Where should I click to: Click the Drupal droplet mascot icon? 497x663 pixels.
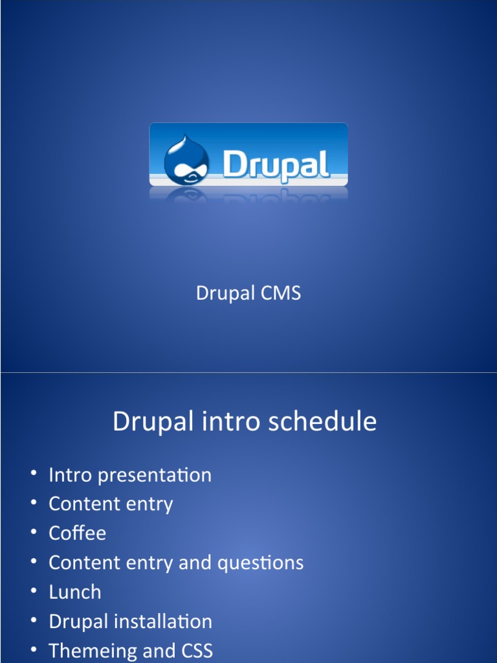point(186,160)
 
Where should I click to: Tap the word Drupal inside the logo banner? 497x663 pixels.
point(276,165)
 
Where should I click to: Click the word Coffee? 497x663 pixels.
point(78,533)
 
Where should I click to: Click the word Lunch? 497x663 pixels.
point(75,592)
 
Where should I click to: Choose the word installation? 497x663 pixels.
point(163,622)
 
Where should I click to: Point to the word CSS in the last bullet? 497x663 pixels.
point(197,651)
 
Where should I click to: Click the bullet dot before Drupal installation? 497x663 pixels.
point(34,620)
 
